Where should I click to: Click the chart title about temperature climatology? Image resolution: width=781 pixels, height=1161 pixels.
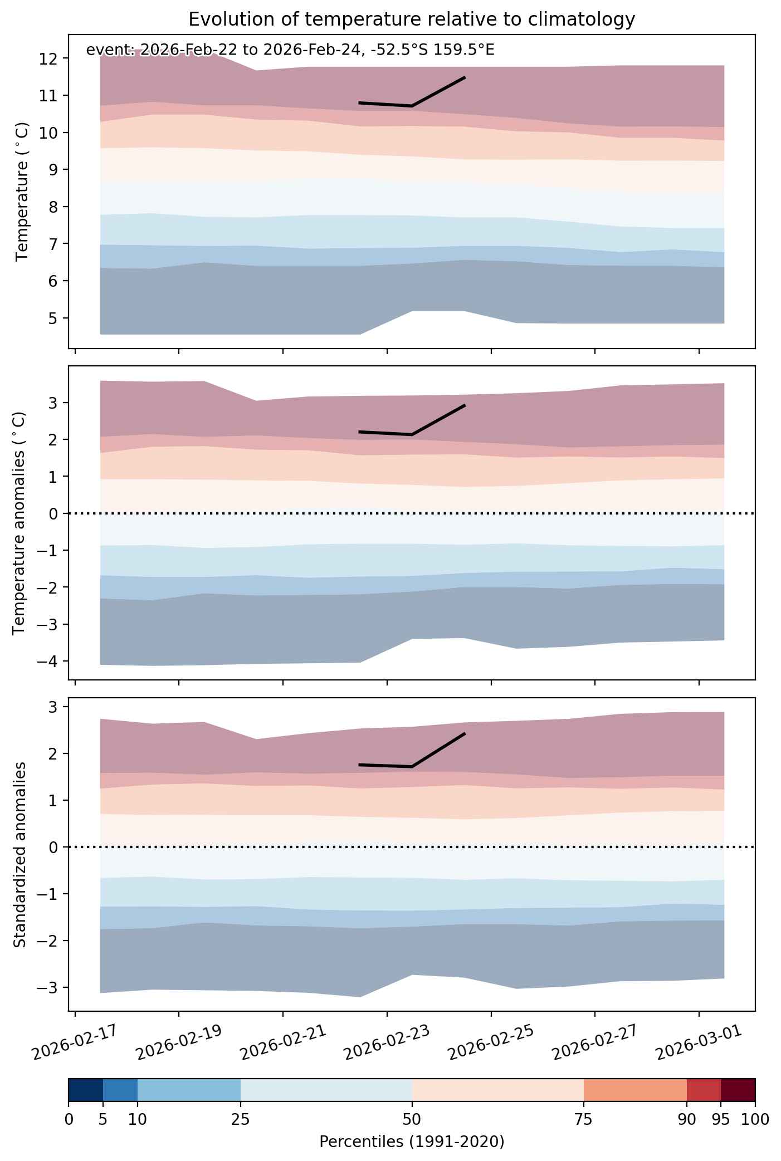[412, 19]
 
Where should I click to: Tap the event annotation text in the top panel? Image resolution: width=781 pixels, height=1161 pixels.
[290, 50]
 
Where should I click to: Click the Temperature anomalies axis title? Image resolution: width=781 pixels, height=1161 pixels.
[19, 522]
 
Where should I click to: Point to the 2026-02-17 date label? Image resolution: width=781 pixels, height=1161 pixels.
[76, 1042]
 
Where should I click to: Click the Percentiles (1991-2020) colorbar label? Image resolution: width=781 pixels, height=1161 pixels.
[412, 1142]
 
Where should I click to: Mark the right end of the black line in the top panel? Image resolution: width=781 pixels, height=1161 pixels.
[465, 77]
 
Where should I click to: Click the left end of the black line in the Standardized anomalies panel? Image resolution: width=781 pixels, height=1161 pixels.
[360, 765]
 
